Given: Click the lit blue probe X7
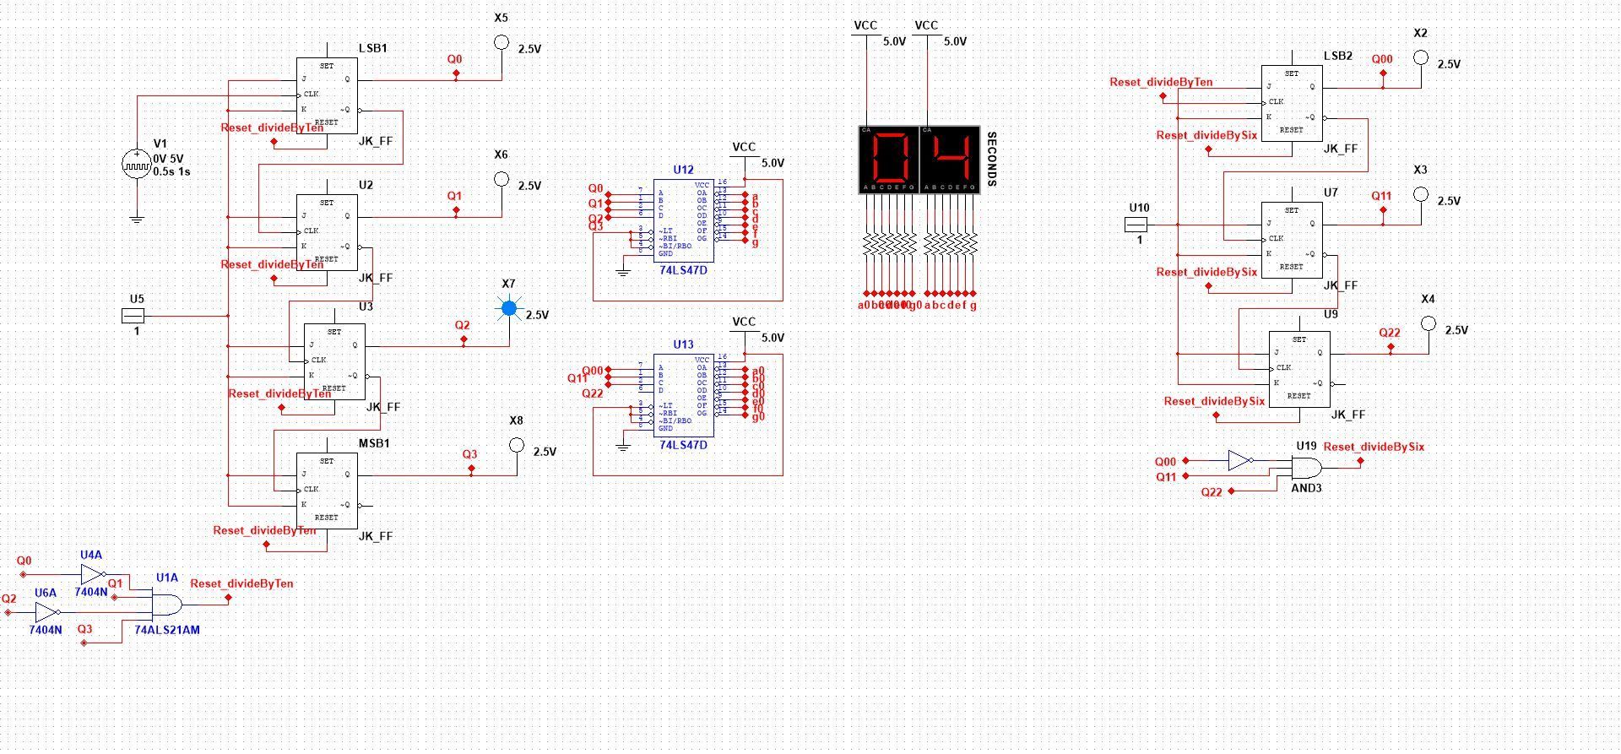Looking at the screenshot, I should [x=509, y=308].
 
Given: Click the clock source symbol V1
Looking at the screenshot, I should [x=136, y=164].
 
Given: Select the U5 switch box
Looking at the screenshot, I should [x=133, y=316].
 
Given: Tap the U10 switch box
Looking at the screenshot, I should [x=1136, y=225].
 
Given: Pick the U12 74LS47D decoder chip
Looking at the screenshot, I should [x=683, y=220].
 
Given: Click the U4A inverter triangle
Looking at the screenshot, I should [x=91, y=575].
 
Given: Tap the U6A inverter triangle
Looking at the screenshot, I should [x=46, y=612].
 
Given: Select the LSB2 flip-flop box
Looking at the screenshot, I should [x=1292, y=103].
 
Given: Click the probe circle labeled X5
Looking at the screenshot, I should [x=501, y=42].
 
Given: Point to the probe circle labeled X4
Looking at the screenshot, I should [x=1428, y=323].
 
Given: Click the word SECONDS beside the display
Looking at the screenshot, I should [x=991, y=160].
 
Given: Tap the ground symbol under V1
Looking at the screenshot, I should [x=136, y=220].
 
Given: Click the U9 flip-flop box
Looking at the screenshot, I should [x=1299, y=369].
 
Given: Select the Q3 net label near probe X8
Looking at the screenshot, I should [x=469, y=454].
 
